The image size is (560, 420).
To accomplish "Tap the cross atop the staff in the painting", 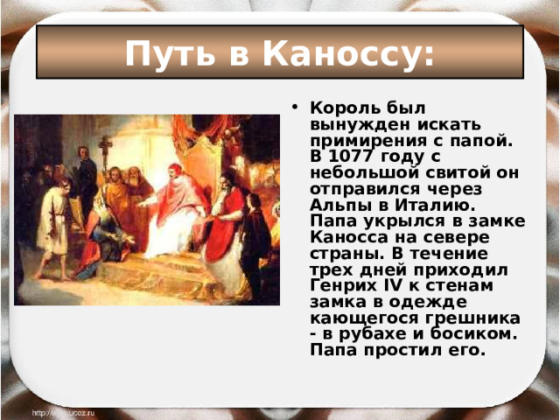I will point(105,143).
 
